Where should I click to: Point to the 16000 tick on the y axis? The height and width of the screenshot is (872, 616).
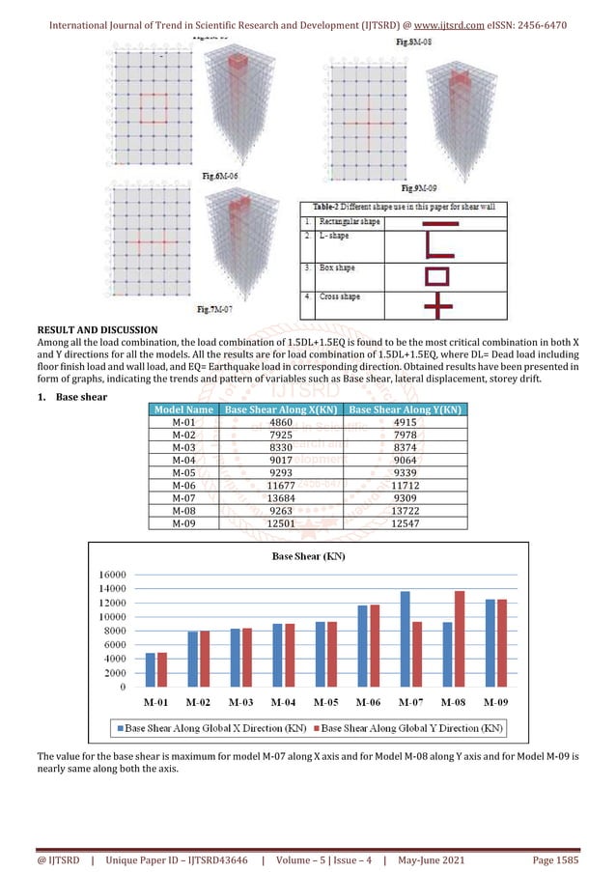pyautogui.click(x=114, y=574)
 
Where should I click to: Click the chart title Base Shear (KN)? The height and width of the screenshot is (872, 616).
pyautogui.click(x=308, y=556)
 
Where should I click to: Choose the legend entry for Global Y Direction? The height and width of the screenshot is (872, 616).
pyautogui.click(x=411, y=726)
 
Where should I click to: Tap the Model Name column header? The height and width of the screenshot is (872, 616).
pyautogui.click(x=182, y=410)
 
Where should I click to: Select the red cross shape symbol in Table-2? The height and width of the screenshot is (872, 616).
pyautogui.click(x=436, y=305)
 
